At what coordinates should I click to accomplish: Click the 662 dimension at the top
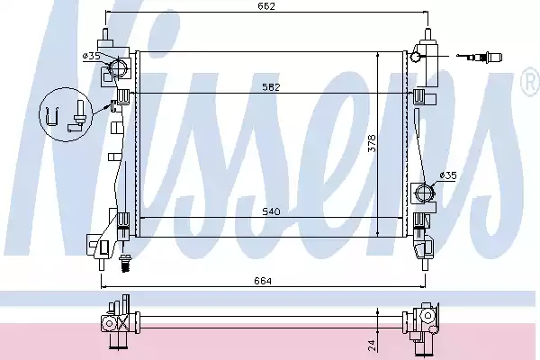pyautogui.click(x=266, y=6)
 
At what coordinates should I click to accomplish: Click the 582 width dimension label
pyautogui.click(x=272, y=86)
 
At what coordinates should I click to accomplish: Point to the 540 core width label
pyautogui.click(x=272, y=211)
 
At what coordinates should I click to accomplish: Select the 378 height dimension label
pyautogui.click(x=372, y=143)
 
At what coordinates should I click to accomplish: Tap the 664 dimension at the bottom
pyautogui.click(x=263, y=281)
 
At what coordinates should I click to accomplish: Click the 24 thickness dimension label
pyautogui.click(x=372, y=346)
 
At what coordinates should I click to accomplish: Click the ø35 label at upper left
pyautogui.click(x=92, y=56)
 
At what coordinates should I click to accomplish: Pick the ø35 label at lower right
pyautogui.click(x=447, y=175)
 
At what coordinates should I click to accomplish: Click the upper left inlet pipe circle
pyautogui.click(x=119, y=67)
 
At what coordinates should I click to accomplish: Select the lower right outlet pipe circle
pyautogui.click(x=424, y=193)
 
